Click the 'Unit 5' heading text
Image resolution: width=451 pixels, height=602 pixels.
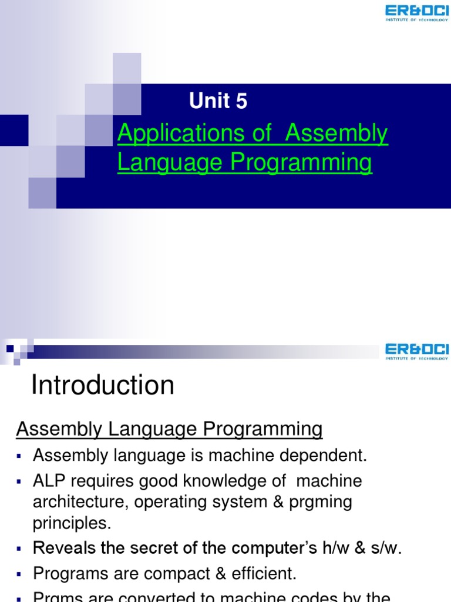coord(218,101)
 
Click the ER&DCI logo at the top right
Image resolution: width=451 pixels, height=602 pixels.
coord(416,12)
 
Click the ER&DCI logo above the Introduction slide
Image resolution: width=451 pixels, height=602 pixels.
coord(416,353)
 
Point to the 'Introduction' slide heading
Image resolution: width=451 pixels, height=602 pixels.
coord(102,386)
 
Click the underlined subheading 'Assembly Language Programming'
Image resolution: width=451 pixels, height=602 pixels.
coord(169,430)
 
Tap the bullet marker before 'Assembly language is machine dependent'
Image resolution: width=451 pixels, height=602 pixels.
coord(19,456)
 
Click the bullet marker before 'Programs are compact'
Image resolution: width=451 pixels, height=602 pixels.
coord(19,574)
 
